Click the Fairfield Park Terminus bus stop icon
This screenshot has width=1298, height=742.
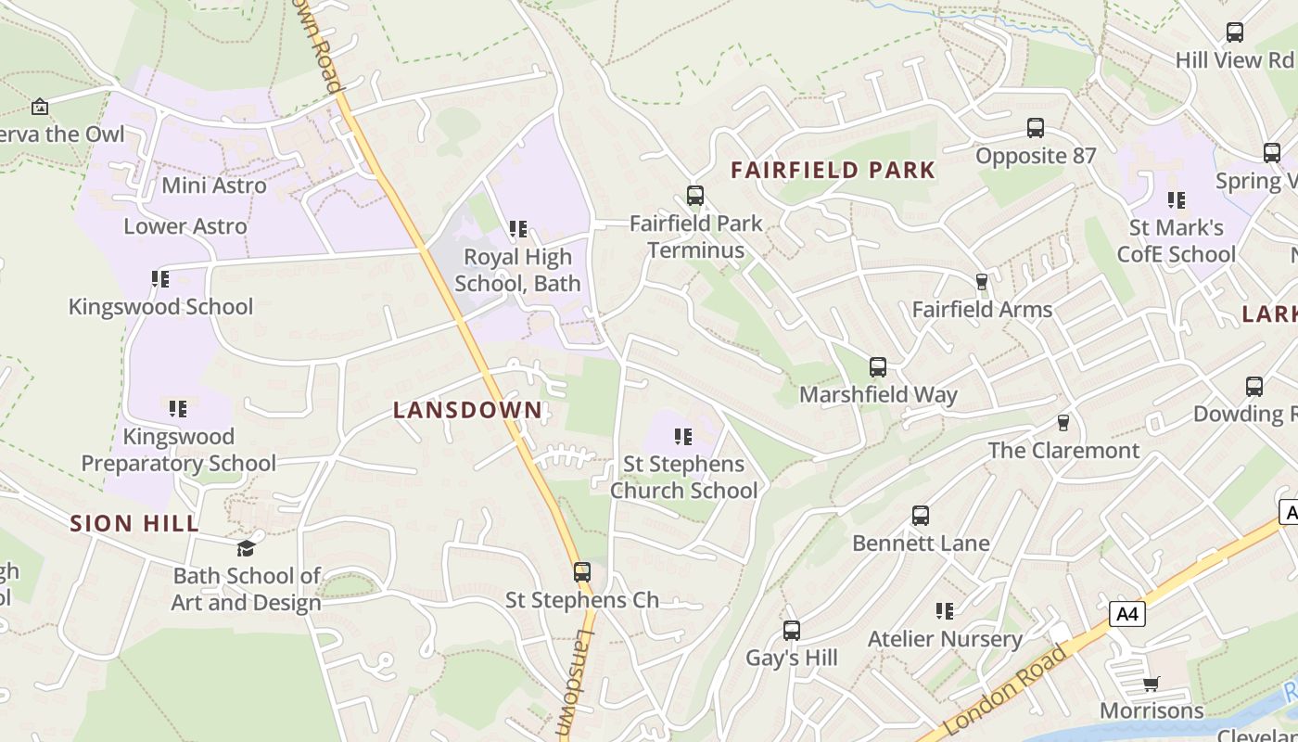695,196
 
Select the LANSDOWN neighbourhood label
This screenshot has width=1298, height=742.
467,410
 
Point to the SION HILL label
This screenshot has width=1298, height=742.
135,523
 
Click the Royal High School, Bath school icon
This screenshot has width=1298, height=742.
518,228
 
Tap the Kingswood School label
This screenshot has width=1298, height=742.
160,307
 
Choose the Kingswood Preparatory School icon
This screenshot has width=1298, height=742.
178,408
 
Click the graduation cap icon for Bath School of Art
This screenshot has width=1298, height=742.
246,548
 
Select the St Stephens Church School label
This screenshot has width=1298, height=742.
683,477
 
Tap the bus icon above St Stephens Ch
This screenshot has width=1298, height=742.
582,572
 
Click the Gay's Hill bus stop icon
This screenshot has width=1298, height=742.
792,631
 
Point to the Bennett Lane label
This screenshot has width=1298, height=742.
921,544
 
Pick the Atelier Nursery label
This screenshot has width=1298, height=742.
945,639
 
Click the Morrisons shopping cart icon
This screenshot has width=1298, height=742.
1152,684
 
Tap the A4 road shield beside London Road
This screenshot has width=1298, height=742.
1127,613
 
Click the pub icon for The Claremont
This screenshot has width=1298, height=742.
1063,423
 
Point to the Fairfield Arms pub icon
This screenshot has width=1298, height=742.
982,282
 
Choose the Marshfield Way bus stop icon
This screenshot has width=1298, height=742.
878,367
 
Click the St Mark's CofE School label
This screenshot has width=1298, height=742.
1176,241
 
